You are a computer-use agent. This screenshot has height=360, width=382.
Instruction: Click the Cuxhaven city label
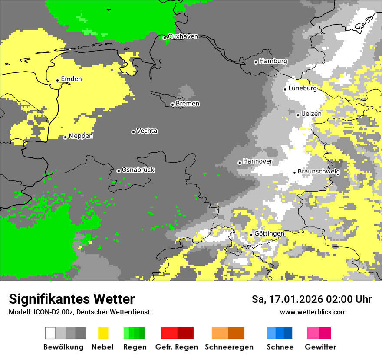[x=183, y=36]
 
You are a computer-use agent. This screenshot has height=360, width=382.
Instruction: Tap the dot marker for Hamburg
[x=256, y=62]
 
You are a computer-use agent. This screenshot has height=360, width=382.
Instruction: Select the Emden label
[x=71, y=79]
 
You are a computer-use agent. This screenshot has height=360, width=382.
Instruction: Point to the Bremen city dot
[x=172, y=105]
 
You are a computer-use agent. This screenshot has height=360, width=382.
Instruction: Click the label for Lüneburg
[x=303, y=88]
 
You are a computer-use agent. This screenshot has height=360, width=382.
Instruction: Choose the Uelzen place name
[x=311, y=114]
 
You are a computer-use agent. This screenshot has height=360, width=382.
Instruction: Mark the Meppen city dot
[x=65, y=137]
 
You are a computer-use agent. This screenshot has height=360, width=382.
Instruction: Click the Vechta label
[x=147, y=131]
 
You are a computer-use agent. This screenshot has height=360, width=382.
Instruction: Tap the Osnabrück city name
[x=138, y=170]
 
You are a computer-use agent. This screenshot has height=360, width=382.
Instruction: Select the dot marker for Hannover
[x=240, y=163]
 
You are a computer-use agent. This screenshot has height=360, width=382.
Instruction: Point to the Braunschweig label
[x=319, y=171]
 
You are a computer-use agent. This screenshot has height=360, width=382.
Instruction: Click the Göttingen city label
[x=269, y=233]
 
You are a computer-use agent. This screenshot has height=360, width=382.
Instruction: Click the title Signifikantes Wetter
[x=72, y=299]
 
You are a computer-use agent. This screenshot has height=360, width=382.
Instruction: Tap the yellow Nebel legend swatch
[x=103, y=333]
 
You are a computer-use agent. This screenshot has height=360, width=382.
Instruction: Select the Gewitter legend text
[x=320, y=347]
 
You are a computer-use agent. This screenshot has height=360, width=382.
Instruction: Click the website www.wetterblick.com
[x=313, y=312]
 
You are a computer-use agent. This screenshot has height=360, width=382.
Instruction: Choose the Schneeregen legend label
[x=229, y=347]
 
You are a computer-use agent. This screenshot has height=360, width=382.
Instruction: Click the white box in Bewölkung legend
[x=50, y=333]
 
